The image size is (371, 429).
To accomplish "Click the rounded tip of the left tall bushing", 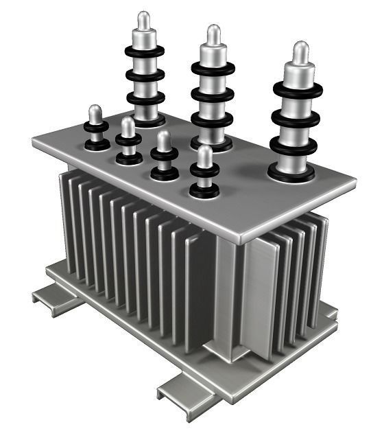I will pyautogui.click(x=143, y=20).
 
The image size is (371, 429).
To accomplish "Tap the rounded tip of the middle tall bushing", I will pyautogui.click(x=213, y=34).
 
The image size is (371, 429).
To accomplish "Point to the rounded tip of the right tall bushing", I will pyautogui.click(x=300, y=51).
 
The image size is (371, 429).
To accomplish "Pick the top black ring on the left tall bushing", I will pyautogui.click(x=144, y=51).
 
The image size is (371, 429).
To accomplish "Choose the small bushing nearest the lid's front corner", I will pyautogui.click(x=204, y=172).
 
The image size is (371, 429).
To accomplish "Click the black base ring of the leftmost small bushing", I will pyautogui.click(x=97, y=145).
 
